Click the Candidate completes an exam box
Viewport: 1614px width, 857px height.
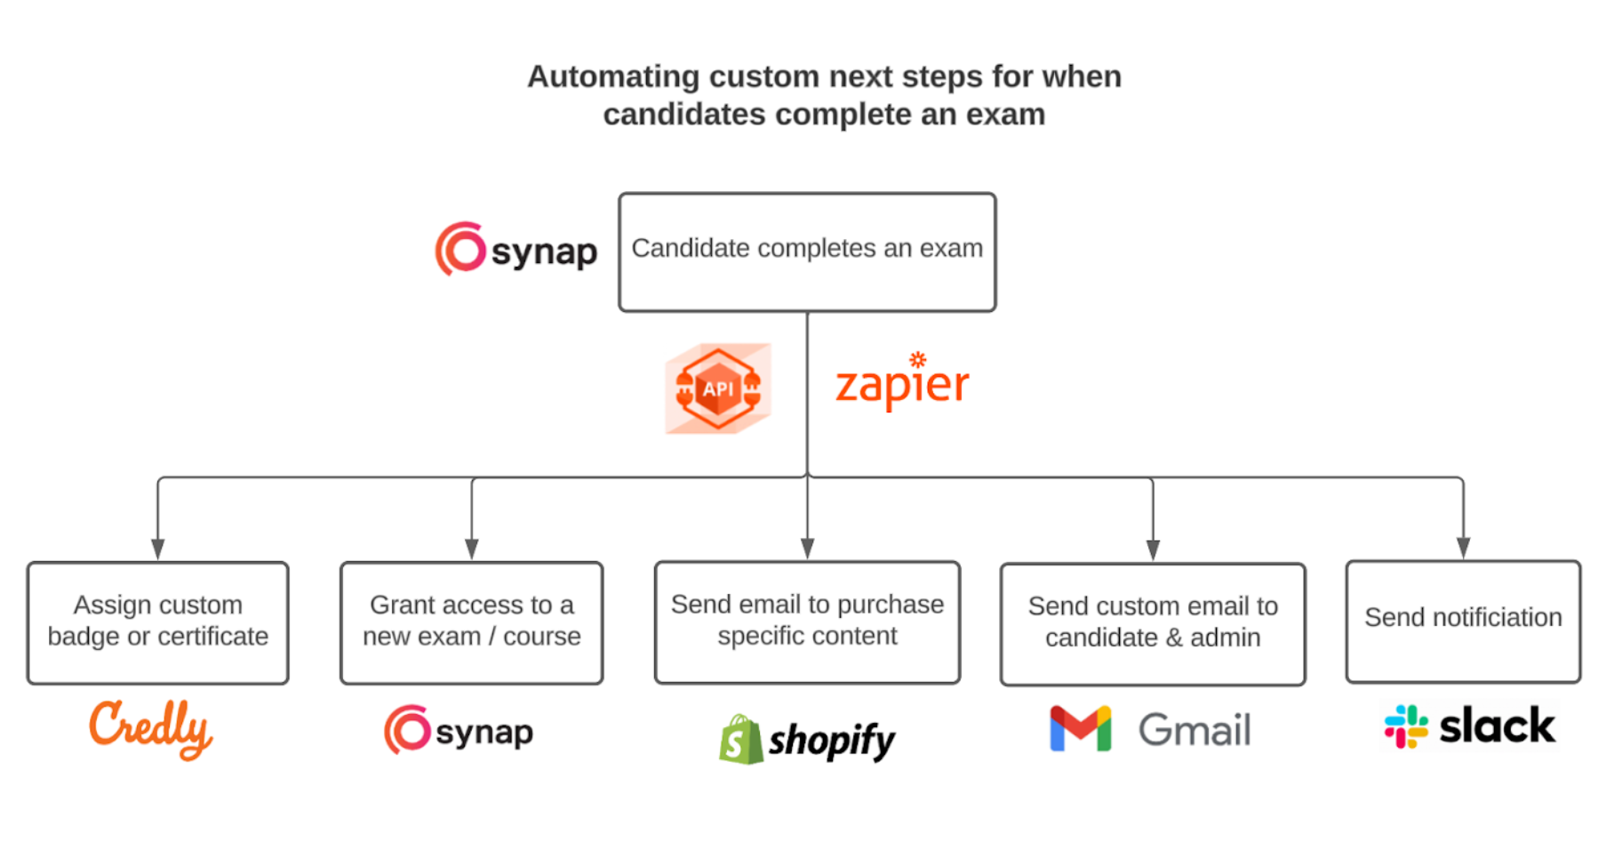coord(807,252)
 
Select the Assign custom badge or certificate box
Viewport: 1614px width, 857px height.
coord(158,622)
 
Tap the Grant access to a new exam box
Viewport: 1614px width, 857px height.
coord(471,622)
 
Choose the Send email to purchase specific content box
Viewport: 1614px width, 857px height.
coord(807,621)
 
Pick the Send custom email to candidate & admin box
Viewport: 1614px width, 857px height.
coord(1152,623)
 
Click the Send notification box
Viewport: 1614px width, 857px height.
coord(1463,621)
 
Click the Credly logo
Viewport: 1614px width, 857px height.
coord(151,728)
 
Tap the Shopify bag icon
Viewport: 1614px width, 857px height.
coord(740,740)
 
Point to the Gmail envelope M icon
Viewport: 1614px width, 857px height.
coord(1080,729)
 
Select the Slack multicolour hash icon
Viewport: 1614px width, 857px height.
coord(1406,726)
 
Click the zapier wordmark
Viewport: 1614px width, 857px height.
coord(902,385)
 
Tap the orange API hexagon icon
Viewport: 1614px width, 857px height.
coord(718,388)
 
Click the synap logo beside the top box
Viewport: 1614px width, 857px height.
coord(516,250)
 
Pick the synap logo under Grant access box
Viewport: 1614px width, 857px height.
coord(459,731)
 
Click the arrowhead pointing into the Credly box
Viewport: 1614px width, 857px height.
coord(158,549)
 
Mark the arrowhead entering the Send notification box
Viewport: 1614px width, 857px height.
coord(1463,548)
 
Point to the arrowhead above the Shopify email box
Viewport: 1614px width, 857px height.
coord(807,549)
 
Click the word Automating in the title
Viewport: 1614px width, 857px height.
coord(613,76)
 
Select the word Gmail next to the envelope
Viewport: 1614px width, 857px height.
coord(1195,730)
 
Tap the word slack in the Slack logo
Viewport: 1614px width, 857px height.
coord(1498,726)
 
